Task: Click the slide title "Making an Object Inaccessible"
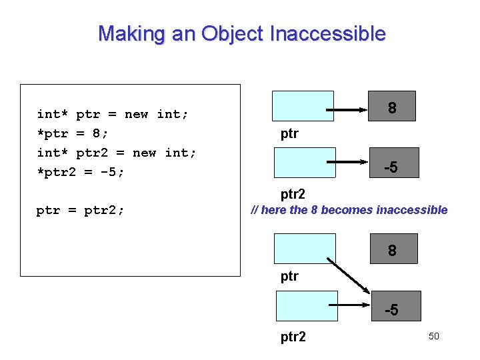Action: [x=241, y=33]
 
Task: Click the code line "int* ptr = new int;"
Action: [x=113, y=114]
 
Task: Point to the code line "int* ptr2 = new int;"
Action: [x=117, y=153]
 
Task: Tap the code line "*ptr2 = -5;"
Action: [x=81, y=172]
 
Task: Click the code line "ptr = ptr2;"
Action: [x=80, y=211]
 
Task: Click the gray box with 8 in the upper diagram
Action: [x=392, y=106]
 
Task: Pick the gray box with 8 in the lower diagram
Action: [x=392, y=249]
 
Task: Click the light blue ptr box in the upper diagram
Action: [x=303, y=106]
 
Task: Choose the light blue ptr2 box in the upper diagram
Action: [x=303, y=163]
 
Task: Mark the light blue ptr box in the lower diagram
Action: [x=303, y=249]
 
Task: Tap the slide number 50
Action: [x=433, y=336]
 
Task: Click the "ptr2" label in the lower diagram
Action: [x=293, y=337]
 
